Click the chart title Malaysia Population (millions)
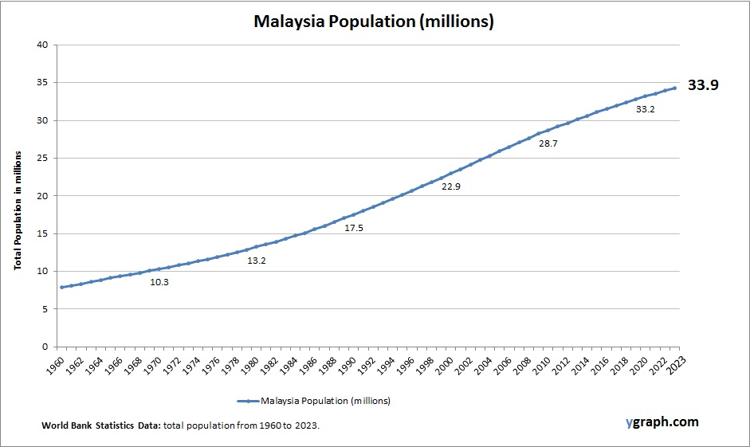[374, 22]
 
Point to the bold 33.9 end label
[703, 84]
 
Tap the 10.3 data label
[159, 282]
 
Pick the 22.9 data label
[451, 186]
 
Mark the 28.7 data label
[548, 144]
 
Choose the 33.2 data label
[645, 109]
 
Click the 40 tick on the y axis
[41, 45]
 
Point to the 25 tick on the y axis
[41, 158]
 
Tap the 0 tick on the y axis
[45, 347]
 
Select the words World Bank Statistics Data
[101, 426]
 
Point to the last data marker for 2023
[675, 88]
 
